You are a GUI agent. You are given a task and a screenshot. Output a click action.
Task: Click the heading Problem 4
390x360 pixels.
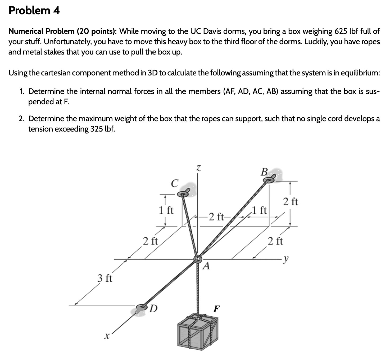click(x=34, y=11)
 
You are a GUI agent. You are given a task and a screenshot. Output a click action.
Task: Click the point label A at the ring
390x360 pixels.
click(x=207, y=266)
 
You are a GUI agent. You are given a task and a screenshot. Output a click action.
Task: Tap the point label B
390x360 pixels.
click(x=264, y=172)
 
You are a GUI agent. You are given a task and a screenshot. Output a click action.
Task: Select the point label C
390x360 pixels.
click(x=174, y=183)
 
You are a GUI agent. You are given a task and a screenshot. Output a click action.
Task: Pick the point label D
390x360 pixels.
click(x=154, y=308)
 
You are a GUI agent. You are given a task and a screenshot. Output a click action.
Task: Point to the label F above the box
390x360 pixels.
click(x=217, y=309)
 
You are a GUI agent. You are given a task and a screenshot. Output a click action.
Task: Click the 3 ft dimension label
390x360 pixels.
click(x=105, y=278)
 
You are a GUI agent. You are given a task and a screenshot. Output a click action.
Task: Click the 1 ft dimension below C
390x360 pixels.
click(x=166, y=210)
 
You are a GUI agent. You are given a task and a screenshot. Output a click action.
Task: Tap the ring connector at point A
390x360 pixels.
click(x=198, y=259)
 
